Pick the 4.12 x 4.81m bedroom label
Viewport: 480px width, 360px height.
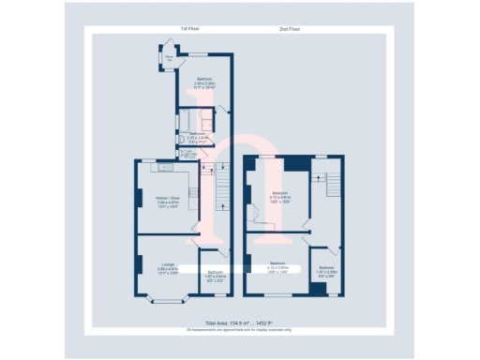(279, 197)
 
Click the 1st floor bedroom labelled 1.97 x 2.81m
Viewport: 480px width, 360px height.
(215, 275)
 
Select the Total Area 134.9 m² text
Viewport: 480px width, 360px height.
(239, 322)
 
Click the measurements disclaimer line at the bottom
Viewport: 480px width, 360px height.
(239, 329)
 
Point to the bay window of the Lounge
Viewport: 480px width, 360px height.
(166, 299)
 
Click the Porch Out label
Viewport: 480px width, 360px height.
(170, 58)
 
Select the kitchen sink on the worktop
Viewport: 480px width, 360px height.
(165, 168)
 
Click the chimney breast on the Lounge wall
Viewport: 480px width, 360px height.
(139, 265)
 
